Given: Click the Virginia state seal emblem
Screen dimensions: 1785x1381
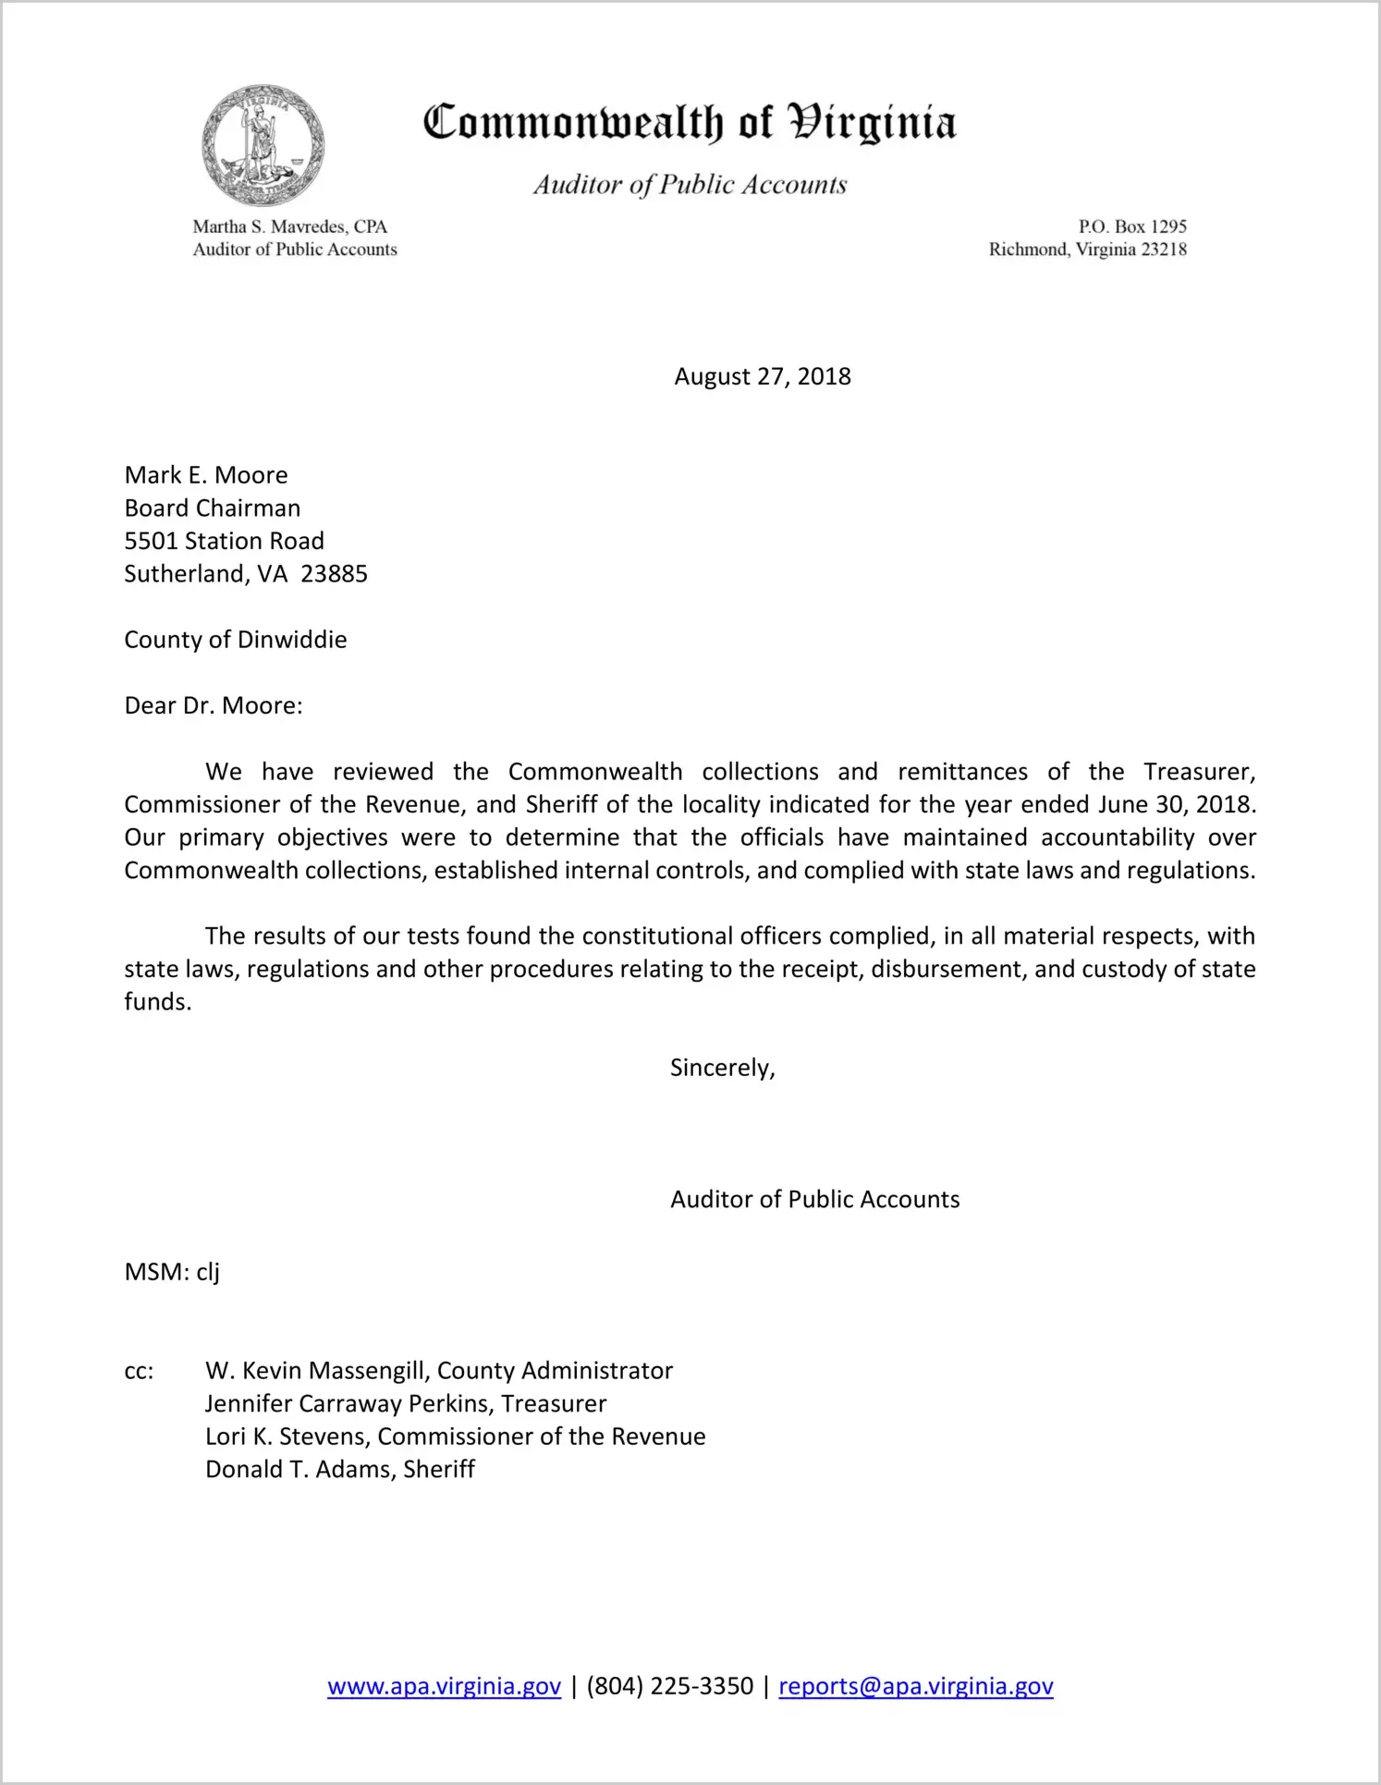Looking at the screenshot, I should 263,145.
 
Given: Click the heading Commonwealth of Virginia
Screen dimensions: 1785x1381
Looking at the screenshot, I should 690,123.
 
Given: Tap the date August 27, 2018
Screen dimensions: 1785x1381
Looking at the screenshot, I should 762,376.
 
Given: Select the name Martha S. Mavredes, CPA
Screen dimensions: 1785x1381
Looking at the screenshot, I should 289,226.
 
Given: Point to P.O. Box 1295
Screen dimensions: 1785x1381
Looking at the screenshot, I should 1131,226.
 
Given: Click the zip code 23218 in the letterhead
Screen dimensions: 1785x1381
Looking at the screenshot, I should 1164,250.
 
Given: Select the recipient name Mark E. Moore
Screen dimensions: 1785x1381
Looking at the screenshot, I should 206,475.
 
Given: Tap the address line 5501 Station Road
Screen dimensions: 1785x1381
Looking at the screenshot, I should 224,541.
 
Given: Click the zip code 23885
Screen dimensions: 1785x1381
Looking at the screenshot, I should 334,574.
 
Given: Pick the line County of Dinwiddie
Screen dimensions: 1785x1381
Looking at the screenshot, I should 235,640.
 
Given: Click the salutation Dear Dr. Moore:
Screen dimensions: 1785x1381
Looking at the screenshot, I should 214,706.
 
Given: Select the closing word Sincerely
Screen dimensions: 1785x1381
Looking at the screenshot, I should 721,1068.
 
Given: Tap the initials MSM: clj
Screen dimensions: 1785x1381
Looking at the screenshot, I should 172,1272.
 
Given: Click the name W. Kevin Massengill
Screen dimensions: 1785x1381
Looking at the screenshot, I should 316,1371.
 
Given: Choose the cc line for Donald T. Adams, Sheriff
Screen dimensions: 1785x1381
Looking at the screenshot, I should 339,1470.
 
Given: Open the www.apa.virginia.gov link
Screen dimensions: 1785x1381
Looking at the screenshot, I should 444,1686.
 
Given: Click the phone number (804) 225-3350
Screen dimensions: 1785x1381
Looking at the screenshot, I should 669,1686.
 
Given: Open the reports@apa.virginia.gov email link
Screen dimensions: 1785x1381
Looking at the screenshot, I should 915,1686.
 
